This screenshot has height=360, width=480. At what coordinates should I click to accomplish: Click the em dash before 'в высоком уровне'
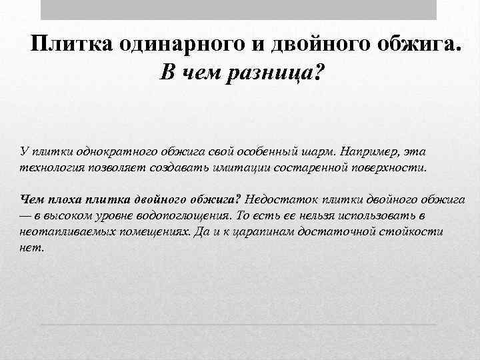[27, 215]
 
